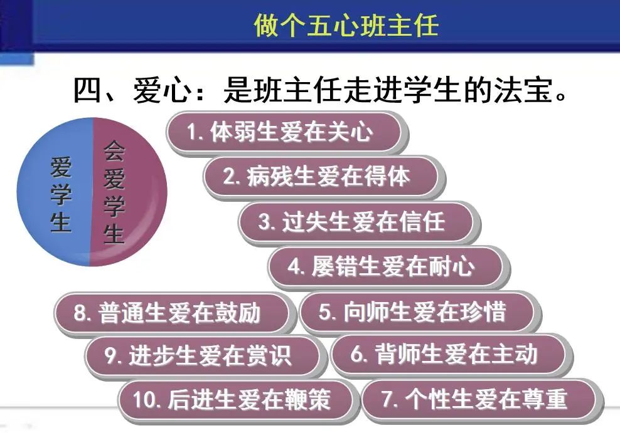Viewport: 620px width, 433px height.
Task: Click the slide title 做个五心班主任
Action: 346,24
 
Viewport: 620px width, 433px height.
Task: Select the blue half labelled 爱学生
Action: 55,192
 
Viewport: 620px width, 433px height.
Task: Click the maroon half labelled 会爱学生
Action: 129,192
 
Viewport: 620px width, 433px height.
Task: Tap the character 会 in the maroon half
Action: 114,152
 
